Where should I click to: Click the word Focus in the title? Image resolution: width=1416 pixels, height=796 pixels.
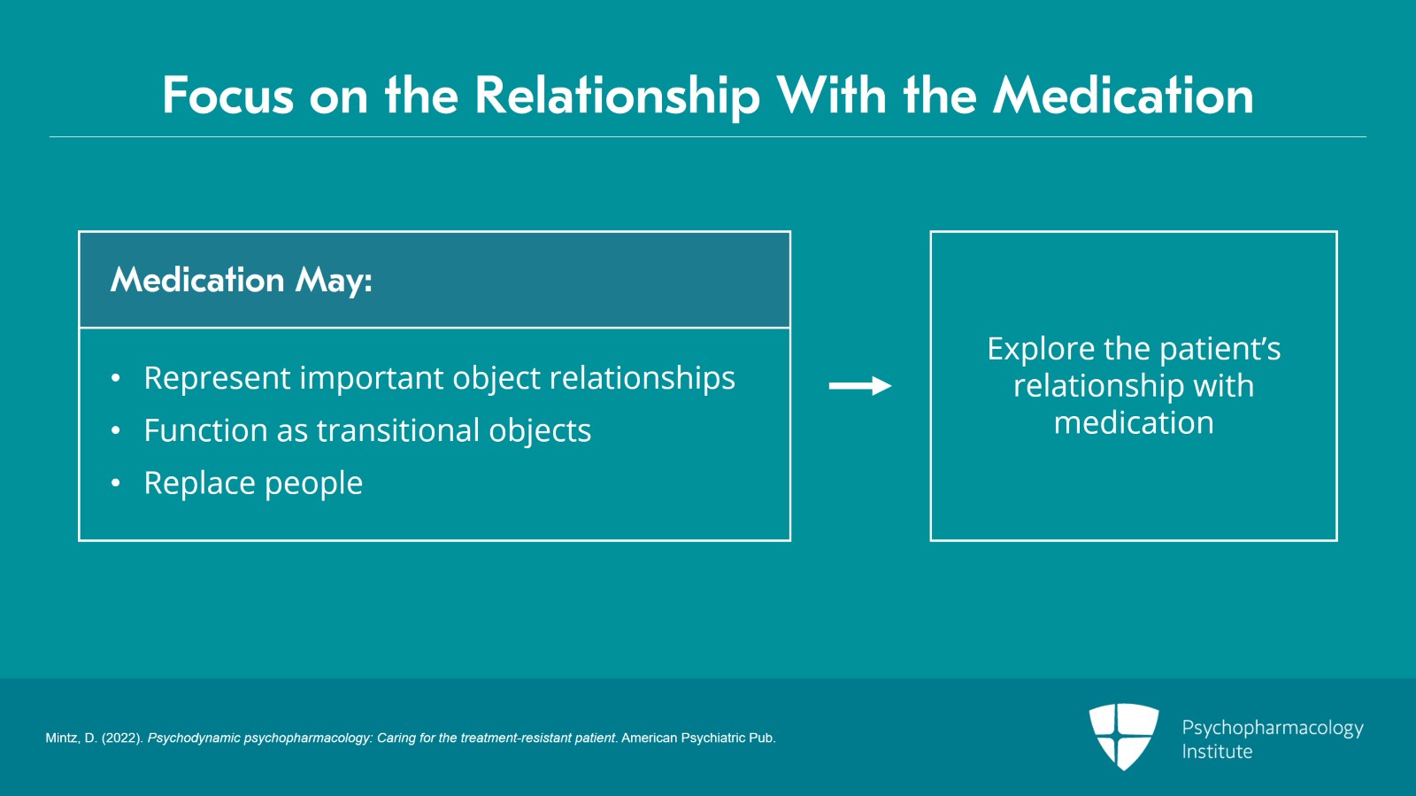point(227,96)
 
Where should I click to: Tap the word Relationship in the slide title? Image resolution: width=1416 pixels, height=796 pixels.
point(617,96)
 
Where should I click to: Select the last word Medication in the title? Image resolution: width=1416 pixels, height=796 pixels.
point(1123,96)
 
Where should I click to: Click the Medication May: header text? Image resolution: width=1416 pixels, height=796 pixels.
point(241,281)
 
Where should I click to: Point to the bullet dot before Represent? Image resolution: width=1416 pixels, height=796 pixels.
point(115,379)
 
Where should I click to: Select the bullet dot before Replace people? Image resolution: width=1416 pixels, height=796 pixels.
point(115,483)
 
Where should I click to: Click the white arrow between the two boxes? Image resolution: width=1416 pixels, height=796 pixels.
point(859,386)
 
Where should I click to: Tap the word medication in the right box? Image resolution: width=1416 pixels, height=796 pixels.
point(1133,423)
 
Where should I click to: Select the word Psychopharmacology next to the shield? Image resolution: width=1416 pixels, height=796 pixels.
point(1272,728)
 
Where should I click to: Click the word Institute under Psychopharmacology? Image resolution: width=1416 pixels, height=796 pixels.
point(1217,752)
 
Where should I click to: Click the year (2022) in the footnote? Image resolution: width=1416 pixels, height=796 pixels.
point(121,738)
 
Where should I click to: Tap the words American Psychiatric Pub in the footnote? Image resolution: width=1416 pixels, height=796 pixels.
point(697,738)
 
